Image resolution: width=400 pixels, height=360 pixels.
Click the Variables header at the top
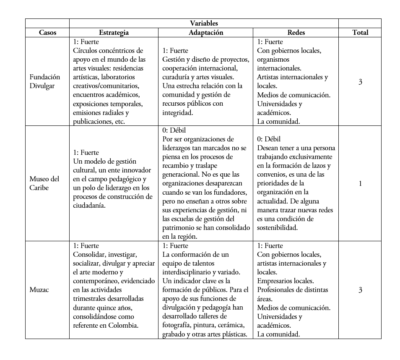click(x=204, y=23)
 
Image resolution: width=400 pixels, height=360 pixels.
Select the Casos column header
click(x=47, y=32)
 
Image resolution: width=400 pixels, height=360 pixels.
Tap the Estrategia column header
click(x=114, y=32)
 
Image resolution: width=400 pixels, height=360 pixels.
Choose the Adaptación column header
click(x=205, y=32)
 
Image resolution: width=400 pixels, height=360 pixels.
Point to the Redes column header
click(x=296, y=32)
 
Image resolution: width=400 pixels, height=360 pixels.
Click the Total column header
click(x=360, y=32)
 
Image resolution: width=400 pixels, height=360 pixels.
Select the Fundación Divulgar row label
click(x=44, y=81)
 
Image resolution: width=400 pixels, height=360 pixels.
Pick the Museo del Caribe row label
click(x=44, y=183)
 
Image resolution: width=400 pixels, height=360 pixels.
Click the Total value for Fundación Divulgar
click(x=360, y=82)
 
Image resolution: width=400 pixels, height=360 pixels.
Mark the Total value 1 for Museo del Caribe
click(x=360, y=183)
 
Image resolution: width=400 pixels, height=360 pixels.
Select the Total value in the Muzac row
click(x=360, y=290)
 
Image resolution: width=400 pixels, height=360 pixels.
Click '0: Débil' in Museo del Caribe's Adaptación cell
click(x=175, y=130)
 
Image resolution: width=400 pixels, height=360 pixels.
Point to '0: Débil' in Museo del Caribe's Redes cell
click(x=269, y=139)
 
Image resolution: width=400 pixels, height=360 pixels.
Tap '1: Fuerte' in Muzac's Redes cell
click(x=270, y=246)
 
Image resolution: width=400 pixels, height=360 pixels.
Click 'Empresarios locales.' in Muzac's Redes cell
click(x=285, y=281)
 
